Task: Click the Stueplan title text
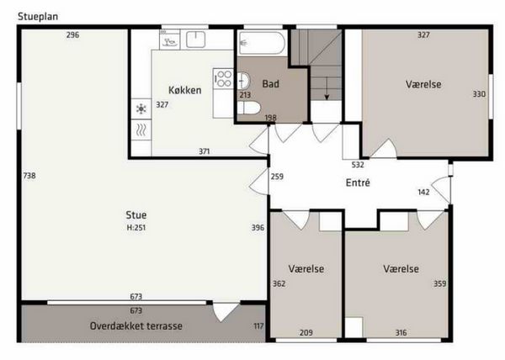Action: click(38, 17)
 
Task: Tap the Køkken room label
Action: click(185, 90)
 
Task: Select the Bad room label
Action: click(270, 84)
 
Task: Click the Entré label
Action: click(358, 183)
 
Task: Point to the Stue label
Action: click(136, 214)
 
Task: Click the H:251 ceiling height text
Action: click(136, 227)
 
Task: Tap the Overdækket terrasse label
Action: click(136, 326)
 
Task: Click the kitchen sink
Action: click(196, 40)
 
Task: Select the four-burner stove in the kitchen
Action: click(223, 78)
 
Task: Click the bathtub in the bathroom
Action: click(262, 43)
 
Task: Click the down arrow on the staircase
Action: click(327, 88)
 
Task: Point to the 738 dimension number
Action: click(29, 176)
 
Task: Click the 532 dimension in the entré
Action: click(358, 165)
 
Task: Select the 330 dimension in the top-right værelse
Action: click(479, 94)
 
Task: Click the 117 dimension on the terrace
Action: click(258, 326)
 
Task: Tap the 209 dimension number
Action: click(306, 332)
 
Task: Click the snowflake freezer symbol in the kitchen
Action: click(141, 109)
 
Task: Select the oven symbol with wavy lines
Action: click(141, 130)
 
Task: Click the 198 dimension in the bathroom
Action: click(270, 118)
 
